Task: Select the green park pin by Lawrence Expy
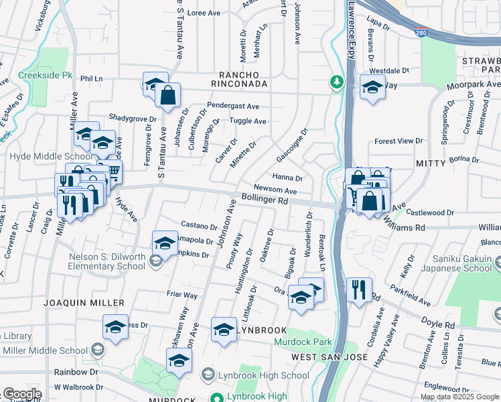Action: click(x=337, y=82)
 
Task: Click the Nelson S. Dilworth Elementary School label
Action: click(x=107, y=261)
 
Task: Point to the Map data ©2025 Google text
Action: click(x=460, y=397)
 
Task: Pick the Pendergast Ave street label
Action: click(x=232, y=106)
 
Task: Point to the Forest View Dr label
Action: click(x=399, y=141)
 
